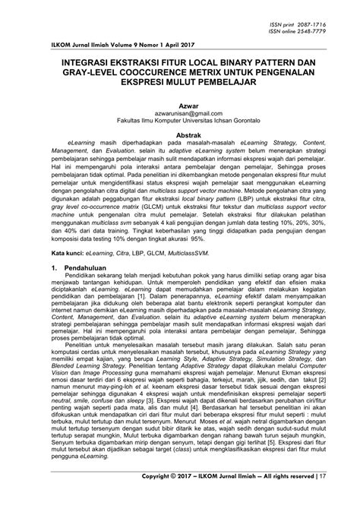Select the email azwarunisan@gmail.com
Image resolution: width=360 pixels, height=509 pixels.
(180, 119)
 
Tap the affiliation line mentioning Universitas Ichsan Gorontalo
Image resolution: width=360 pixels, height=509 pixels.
(180, 126)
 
